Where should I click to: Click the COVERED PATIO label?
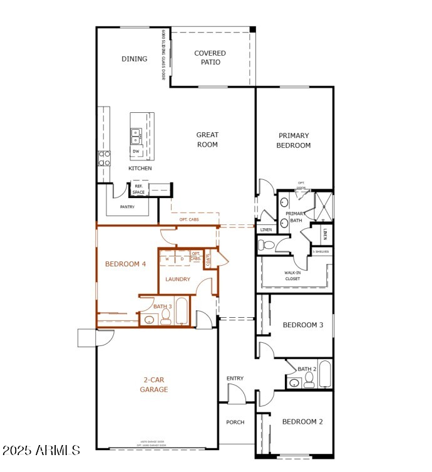(210, 58)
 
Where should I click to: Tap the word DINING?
(134, 59)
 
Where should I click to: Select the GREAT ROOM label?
(207, 140)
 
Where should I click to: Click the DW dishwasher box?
(136, 151)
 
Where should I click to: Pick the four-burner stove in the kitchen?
(104, 157)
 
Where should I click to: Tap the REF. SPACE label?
(138, 189)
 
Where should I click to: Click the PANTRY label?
(128, 207)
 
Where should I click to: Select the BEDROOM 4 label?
(125, 264)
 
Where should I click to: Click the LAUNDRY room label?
(178, 279)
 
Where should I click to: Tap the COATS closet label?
(208, 259)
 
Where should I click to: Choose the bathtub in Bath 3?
(182, 312)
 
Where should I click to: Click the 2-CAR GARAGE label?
(153, 384)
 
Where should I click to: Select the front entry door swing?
(236, 394)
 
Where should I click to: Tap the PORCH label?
(235, 422)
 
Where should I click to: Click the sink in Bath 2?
(294, 382)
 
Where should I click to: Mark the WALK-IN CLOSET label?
(292, 276)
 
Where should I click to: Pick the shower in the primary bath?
(323, 206)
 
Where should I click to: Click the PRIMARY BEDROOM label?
(294, 140)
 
